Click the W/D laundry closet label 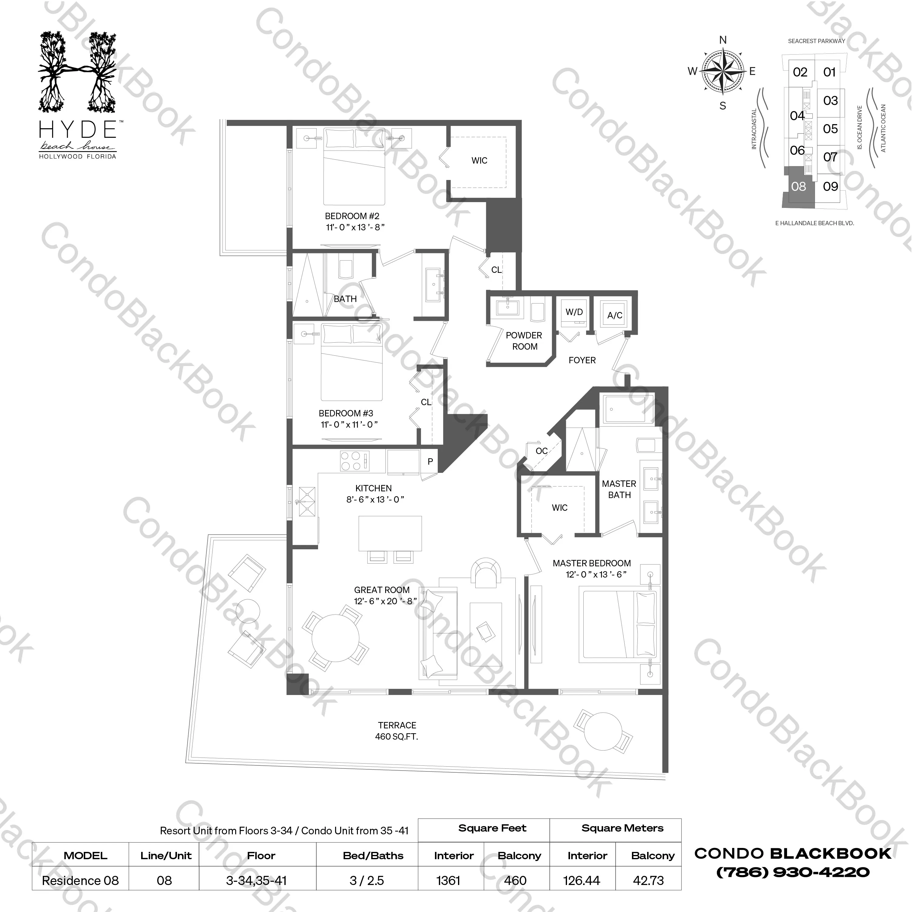[574, 312]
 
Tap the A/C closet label [615, 315]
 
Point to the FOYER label [582, 360]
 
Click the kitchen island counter [390, 533]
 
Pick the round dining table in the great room [335, 639]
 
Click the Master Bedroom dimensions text [596, 575]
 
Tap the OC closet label [541, 451]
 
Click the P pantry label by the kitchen [430, 461]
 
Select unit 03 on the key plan [830, 101]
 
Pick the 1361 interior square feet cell [448, 880]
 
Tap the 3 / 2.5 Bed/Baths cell [367, 880]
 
